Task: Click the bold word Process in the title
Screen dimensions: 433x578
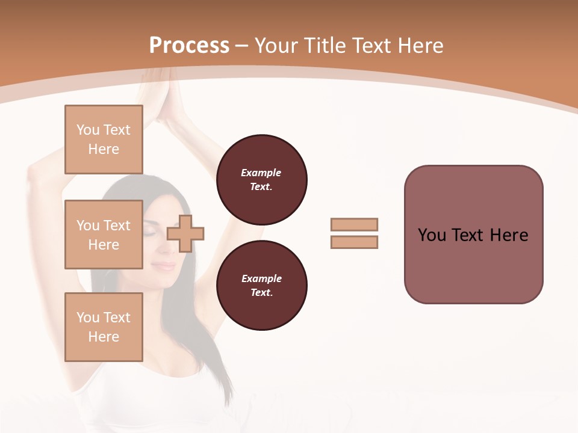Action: click(189, 46)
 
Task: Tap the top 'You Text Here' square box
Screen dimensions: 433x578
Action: click(104, 140)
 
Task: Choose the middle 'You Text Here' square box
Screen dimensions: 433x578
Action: click(104, 235)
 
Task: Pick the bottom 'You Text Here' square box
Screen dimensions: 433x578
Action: click(104, 327)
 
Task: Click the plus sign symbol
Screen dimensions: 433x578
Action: click(185, 233)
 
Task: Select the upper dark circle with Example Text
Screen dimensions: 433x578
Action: click(261, 180)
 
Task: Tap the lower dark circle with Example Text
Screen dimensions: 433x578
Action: click(261, 286)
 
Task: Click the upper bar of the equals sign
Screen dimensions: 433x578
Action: click(354, 225)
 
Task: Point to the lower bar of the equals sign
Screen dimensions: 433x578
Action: click(354, 242)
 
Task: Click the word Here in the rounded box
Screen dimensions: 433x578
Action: click(509, 235)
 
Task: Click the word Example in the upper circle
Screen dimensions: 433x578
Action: click(261, 173)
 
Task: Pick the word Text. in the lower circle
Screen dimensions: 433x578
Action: click(261, 293)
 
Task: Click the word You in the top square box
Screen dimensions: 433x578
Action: click(88, 130)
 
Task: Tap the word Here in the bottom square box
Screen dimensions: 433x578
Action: click(104, 337)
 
